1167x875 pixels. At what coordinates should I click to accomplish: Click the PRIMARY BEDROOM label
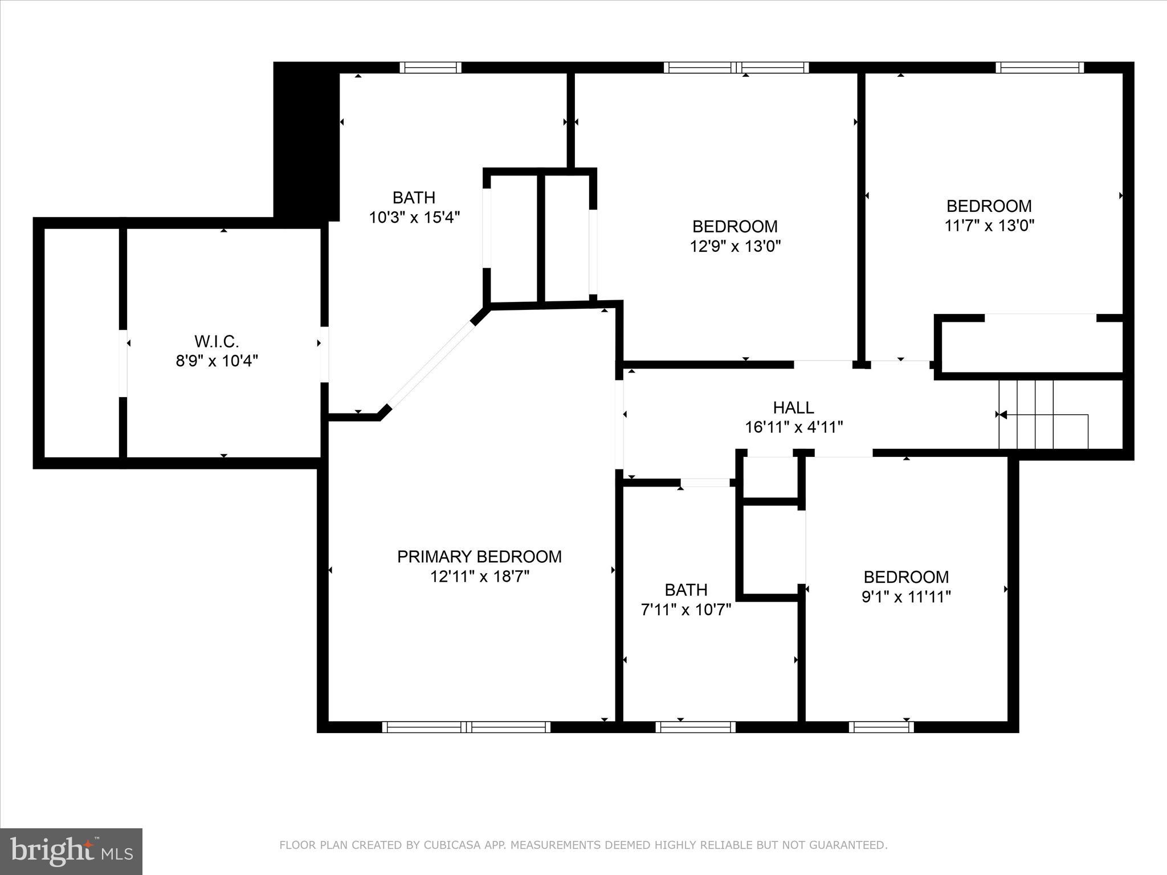pyautogui.click(x=479, y=557)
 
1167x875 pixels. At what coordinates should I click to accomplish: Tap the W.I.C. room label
pyautogui.click(x=217, y=341)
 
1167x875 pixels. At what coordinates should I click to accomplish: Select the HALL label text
pyautogui.click(x=793, y=407)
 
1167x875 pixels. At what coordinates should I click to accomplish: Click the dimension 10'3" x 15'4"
pyautogui.click(x=414, y=218)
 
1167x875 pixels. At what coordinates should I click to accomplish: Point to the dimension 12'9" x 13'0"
pyautogui.click(x=735, y=246)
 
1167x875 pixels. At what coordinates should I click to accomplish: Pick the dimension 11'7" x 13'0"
pyautogui.click(x=989, y=226)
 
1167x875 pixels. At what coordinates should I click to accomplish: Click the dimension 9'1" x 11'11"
pyautogui.click(x=906, y=597)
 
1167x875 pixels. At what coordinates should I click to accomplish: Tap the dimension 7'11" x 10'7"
pyautogui.click(x=686, y=610)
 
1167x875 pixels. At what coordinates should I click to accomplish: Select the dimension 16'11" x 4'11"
pyautogui.click(x=794, y=427)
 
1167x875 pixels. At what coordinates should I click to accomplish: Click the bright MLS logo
pyautogui.click(x=71, y=851)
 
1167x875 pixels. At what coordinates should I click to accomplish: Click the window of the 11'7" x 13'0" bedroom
pyautogui.click(x=1039, y=68)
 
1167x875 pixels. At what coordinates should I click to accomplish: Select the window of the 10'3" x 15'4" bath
pyautogui.click(x=430, y=68)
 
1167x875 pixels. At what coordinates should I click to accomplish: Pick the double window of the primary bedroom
pyautogui.click(x=466, y=727)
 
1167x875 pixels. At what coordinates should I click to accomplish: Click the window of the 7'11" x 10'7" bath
pyautogui.click(x=695, y=727)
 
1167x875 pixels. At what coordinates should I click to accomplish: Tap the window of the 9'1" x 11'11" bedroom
pyautogui.click(x=881, y=727)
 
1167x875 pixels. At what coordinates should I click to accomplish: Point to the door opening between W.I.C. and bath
pyautogui.click(x=324, y=354)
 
